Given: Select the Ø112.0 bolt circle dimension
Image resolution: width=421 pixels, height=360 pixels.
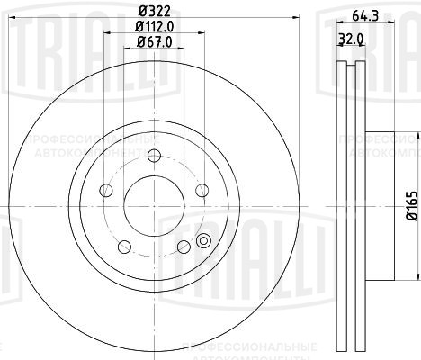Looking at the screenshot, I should [153, 26].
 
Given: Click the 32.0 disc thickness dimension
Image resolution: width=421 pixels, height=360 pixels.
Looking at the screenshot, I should [347, 39].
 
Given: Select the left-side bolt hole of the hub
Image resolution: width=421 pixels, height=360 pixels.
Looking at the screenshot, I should [105, 190].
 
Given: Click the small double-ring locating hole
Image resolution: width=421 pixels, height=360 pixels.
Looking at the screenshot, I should [203, 240].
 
